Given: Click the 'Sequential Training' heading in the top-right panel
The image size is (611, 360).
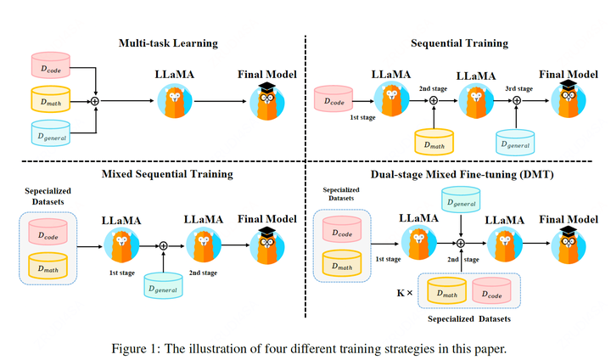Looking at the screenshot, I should tap(459, 43).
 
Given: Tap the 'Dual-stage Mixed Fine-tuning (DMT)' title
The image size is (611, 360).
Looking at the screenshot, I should tap(459, 175).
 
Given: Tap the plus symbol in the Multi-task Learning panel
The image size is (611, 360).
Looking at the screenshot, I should tap(96, 100).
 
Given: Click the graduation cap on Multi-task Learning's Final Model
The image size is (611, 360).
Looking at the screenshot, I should tap(267, 88).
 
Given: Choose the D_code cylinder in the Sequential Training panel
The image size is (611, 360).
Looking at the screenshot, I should tap(335, 99).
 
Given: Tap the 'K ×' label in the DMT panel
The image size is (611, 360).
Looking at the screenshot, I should tap(404, 292).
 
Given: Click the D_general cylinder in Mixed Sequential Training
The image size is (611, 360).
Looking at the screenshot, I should tap(164, 285).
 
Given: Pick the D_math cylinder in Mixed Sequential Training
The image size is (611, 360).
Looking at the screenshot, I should tap(49, 267).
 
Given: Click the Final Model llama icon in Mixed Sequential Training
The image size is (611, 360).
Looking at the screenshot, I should tap(267, 246).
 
